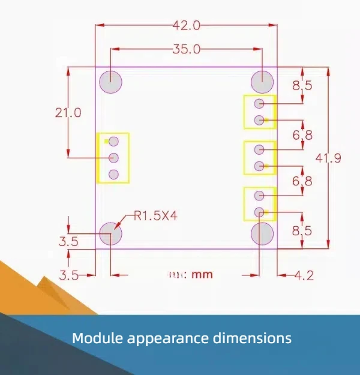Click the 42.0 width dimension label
pos(186,25)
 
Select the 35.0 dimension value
pos(186,50)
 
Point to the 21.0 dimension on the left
pos(68,112)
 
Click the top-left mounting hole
pos(111,82)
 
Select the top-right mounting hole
pos(262,82)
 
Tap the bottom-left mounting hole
pos(111,233)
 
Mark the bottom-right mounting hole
pos(262,233)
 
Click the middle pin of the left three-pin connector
pos(113,158)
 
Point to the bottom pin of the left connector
pos(113,175)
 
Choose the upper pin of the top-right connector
pos(259,104)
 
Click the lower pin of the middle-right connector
pos(259,166)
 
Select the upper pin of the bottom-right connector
pos(259,196)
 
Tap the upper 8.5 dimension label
pos(302,86)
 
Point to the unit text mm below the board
pos(203,275)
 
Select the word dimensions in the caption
pos(253,338)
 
